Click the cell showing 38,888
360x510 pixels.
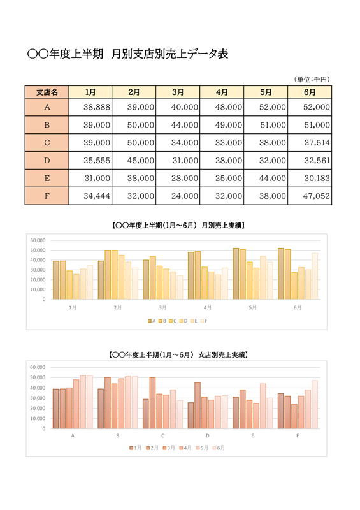pyautogui.click(x=90, y=107)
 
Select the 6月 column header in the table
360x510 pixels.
pyautogui.click(x=310, y=92)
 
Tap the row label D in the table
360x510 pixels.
pyautogui.click(x=47, y=161)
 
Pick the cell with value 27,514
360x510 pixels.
pyautogui.click(x=310, y=142)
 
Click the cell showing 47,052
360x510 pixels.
pyautogui.click(x=310, y=196)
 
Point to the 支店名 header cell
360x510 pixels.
pyautogui.click(x=47, y=92)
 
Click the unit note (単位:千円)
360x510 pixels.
pyautogui.click(x=312, y=79)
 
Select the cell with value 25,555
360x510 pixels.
pyautogui.click(x=90, y=161)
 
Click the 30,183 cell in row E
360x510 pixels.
pyautogui.click(x=310, y=178)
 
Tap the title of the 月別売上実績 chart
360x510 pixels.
pyautogui.click(x=178, y=225)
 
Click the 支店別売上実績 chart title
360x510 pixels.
pyautogui.click(x=178, y=354)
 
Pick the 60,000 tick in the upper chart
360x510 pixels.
pyautogui.click(x=38, y=240)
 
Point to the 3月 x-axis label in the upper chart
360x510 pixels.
pyautogui.click(x=162, y=307)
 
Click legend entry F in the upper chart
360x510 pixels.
pyautogui.click(x=204, y=321)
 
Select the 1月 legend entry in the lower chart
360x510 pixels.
pyautogui.click(x=136, y=448)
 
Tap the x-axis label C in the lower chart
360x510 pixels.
pyautogui.click(x=162, y=435)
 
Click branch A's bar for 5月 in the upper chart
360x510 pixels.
pyautogui.click(x=236, y=273)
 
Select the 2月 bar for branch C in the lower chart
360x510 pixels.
pyautogui.click(x=152, y=403)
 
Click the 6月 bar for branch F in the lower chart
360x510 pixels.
pyautogui.click(x=315, y=405)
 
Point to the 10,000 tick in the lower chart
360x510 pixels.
pyautogui.click(x=38, y=418)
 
